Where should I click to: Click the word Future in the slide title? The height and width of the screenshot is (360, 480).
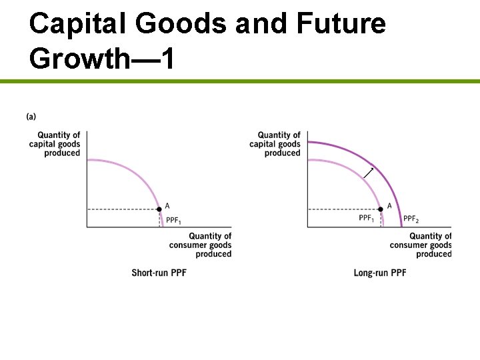[341, 24]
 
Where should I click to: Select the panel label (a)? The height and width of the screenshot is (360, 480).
[31, 117]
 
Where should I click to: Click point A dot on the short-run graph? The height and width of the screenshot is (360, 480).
[159, 209]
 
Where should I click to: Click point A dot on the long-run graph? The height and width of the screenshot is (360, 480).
[380, 209]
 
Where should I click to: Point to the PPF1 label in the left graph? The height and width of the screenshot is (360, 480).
[173, 221]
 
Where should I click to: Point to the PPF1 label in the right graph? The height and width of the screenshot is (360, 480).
[367, 218]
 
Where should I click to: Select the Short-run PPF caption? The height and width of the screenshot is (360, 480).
[159, 273]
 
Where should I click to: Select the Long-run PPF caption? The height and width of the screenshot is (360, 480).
[380, 273]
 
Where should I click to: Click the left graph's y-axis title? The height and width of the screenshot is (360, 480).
[55, 144]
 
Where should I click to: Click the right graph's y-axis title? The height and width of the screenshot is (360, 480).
[275, 144]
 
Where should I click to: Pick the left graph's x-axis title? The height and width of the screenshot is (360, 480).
[201, 245]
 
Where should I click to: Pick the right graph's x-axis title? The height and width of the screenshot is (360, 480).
[421, 245]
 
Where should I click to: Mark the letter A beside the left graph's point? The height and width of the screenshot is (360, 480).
[167, 205]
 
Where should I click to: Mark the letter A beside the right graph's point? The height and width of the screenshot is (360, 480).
[389, 206]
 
